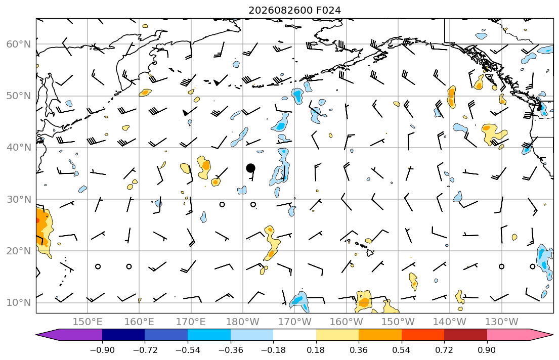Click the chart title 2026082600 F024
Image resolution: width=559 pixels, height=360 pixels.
point(294,10)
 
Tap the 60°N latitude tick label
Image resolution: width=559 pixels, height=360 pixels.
point(19,44)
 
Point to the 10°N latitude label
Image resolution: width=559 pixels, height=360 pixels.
point(19,303)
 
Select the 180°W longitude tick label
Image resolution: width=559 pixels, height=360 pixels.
point(243,322)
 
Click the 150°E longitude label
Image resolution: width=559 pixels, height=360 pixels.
point(88,322)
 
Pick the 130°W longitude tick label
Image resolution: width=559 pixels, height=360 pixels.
point(502,322)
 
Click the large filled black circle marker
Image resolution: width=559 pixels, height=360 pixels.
point(250,168)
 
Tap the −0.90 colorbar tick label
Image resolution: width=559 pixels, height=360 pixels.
point(102,350)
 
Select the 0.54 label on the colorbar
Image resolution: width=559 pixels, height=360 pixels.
point(402,350)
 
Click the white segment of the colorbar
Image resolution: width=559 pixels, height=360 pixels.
point(294,335)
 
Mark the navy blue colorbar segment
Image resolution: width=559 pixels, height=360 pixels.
point(123,335)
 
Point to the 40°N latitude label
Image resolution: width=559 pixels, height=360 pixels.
point(19,148)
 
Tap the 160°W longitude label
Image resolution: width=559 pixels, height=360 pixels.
point(346,322)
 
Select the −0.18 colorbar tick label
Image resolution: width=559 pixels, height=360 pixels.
point(274,350)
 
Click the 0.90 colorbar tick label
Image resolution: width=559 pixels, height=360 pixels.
point(487,350)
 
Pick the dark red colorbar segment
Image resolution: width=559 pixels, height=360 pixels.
point(465,335)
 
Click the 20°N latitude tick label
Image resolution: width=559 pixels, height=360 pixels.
point(19,251)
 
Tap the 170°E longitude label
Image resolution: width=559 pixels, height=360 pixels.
point(191,322)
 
